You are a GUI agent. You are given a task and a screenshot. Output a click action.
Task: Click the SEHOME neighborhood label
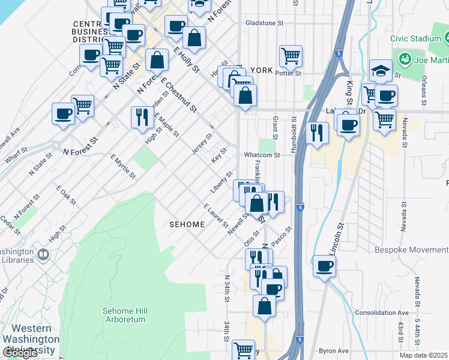186,224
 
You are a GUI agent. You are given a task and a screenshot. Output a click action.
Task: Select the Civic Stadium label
415,38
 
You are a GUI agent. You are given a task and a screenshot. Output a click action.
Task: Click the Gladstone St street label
264,23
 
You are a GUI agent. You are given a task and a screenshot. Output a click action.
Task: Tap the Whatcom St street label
262,155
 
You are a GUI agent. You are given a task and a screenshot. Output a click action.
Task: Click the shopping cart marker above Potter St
291,56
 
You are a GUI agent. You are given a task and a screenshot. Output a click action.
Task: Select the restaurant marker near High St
142,116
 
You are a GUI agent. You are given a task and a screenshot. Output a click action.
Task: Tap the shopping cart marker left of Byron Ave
243,349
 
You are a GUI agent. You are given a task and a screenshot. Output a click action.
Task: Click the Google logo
20,353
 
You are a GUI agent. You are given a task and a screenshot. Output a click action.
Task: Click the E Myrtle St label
122,166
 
